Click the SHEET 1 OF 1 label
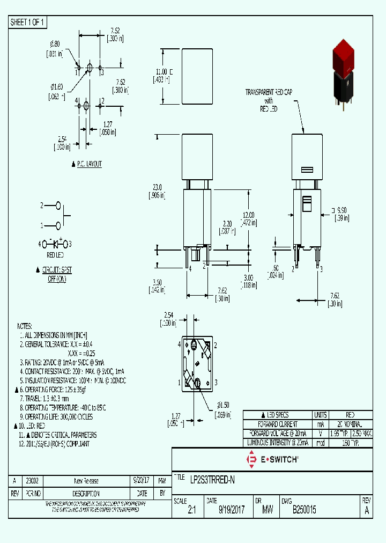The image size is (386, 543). coord(28,23)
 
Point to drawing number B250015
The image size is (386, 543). coord(304,511)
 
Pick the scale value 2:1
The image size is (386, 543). coord(192,511)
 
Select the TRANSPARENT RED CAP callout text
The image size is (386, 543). coord(269,92)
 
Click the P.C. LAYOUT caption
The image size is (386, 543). coord(88,164)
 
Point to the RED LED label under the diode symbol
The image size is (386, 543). coord(55,255)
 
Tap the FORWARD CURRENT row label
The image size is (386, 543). coord(277,424)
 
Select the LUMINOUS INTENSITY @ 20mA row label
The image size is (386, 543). coord(277,443)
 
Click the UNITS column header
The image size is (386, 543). coord(321,415)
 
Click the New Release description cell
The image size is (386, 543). coord(86,481)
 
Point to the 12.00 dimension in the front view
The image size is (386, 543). coord(247,215)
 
